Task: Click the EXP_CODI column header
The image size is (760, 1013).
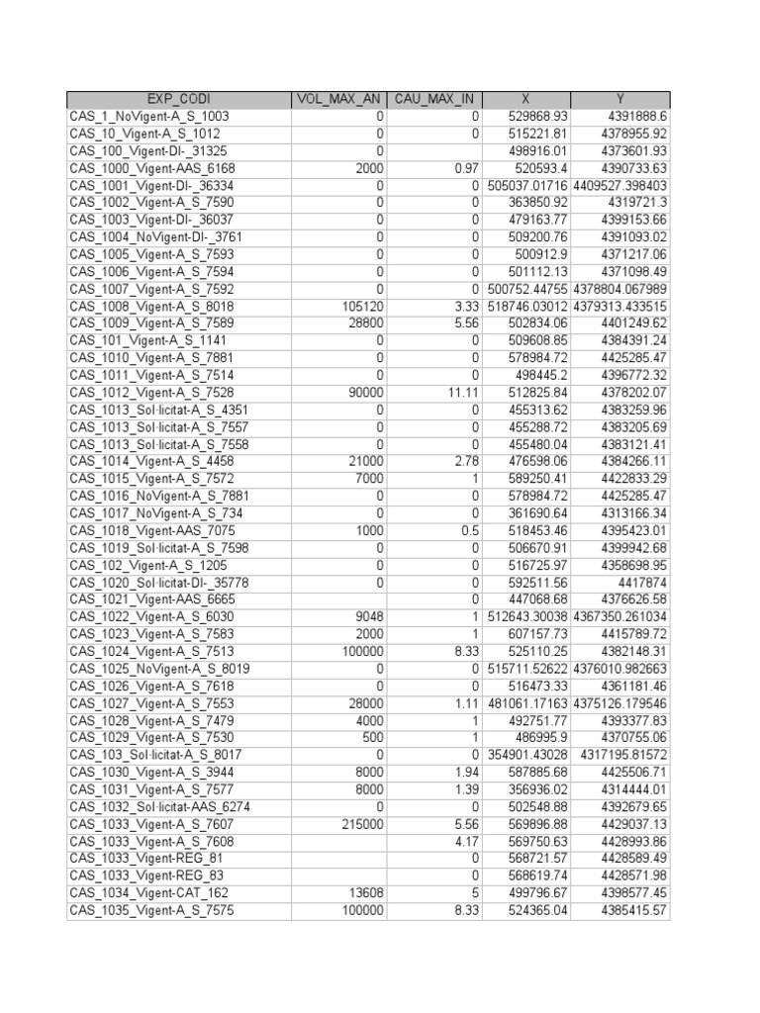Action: pos(178,99)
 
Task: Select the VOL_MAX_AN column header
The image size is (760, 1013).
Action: pos(338,99)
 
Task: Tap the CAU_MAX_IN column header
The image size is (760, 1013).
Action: pos(434,99)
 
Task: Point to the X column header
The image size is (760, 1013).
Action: pos(526,99)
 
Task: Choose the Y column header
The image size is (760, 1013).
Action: pos(620,99)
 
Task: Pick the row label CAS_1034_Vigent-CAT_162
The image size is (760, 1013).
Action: pos(149,893)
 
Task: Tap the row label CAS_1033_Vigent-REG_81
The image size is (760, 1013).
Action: pos(145,859)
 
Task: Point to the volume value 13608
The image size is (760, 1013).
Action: pos(364,893)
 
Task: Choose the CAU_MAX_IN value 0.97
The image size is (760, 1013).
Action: pos(466,168)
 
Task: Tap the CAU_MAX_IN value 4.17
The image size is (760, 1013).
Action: pos(466,842)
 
